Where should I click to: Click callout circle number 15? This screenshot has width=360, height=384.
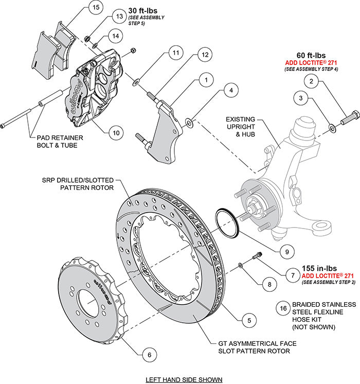94,8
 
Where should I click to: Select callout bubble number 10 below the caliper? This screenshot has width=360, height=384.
116,133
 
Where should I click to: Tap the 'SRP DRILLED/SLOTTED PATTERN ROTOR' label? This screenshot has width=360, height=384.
85,184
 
